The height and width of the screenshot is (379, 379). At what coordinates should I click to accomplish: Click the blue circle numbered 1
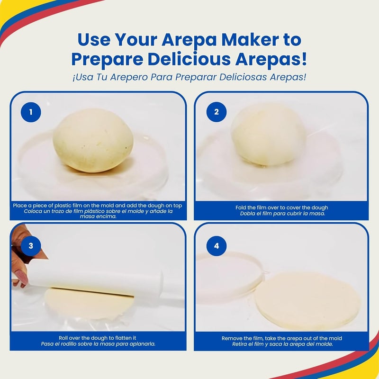click(31, 112)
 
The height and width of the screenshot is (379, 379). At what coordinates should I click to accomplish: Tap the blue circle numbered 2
click(217, 112)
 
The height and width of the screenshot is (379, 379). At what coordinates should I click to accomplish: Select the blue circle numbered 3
click(31, 245)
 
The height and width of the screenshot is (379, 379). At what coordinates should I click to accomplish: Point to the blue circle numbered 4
click(217, 245)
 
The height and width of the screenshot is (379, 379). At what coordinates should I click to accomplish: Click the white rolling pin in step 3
click(95, 283)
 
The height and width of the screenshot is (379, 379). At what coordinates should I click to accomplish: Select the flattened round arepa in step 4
click(308, 300)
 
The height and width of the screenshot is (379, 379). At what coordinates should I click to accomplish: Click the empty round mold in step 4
click(230, 277)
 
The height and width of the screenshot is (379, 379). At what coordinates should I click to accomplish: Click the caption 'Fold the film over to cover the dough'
click(281, 208)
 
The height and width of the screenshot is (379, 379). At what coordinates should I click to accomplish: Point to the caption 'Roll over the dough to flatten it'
click(98, 338)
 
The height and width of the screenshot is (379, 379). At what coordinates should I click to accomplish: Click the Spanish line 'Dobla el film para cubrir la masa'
click(281, 214)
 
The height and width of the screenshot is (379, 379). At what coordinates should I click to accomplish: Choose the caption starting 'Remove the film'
click(281, 338)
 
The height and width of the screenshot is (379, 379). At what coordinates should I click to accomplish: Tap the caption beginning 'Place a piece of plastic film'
click(98, 206)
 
